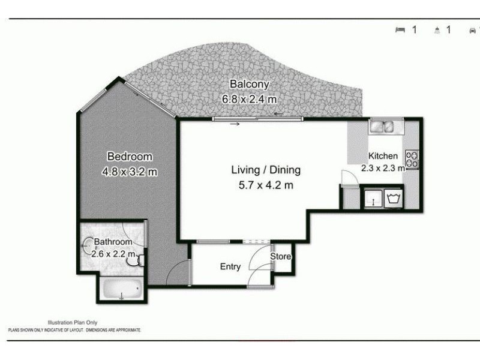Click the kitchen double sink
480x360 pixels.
tap(382, 127)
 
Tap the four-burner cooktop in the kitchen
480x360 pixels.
tap(412, 159)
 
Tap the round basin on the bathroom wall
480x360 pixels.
tap(88, 243)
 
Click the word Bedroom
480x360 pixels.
tap(130, 157)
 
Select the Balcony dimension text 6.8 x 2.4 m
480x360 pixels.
tap(250, 99)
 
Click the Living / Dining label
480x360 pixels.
tap(266, 170)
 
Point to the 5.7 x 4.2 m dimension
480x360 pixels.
tap(266, 185)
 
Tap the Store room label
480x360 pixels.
tap(280, 257)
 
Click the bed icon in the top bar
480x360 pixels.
tap(400, 30)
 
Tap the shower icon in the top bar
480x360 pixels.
tap(437, 30)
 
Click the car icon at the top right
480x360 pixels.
tap(473, 30)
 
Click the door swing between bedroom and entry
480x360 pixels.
tap(178, 275)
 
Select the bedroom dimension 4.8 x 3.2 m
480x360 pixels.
tap(130, 173)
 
